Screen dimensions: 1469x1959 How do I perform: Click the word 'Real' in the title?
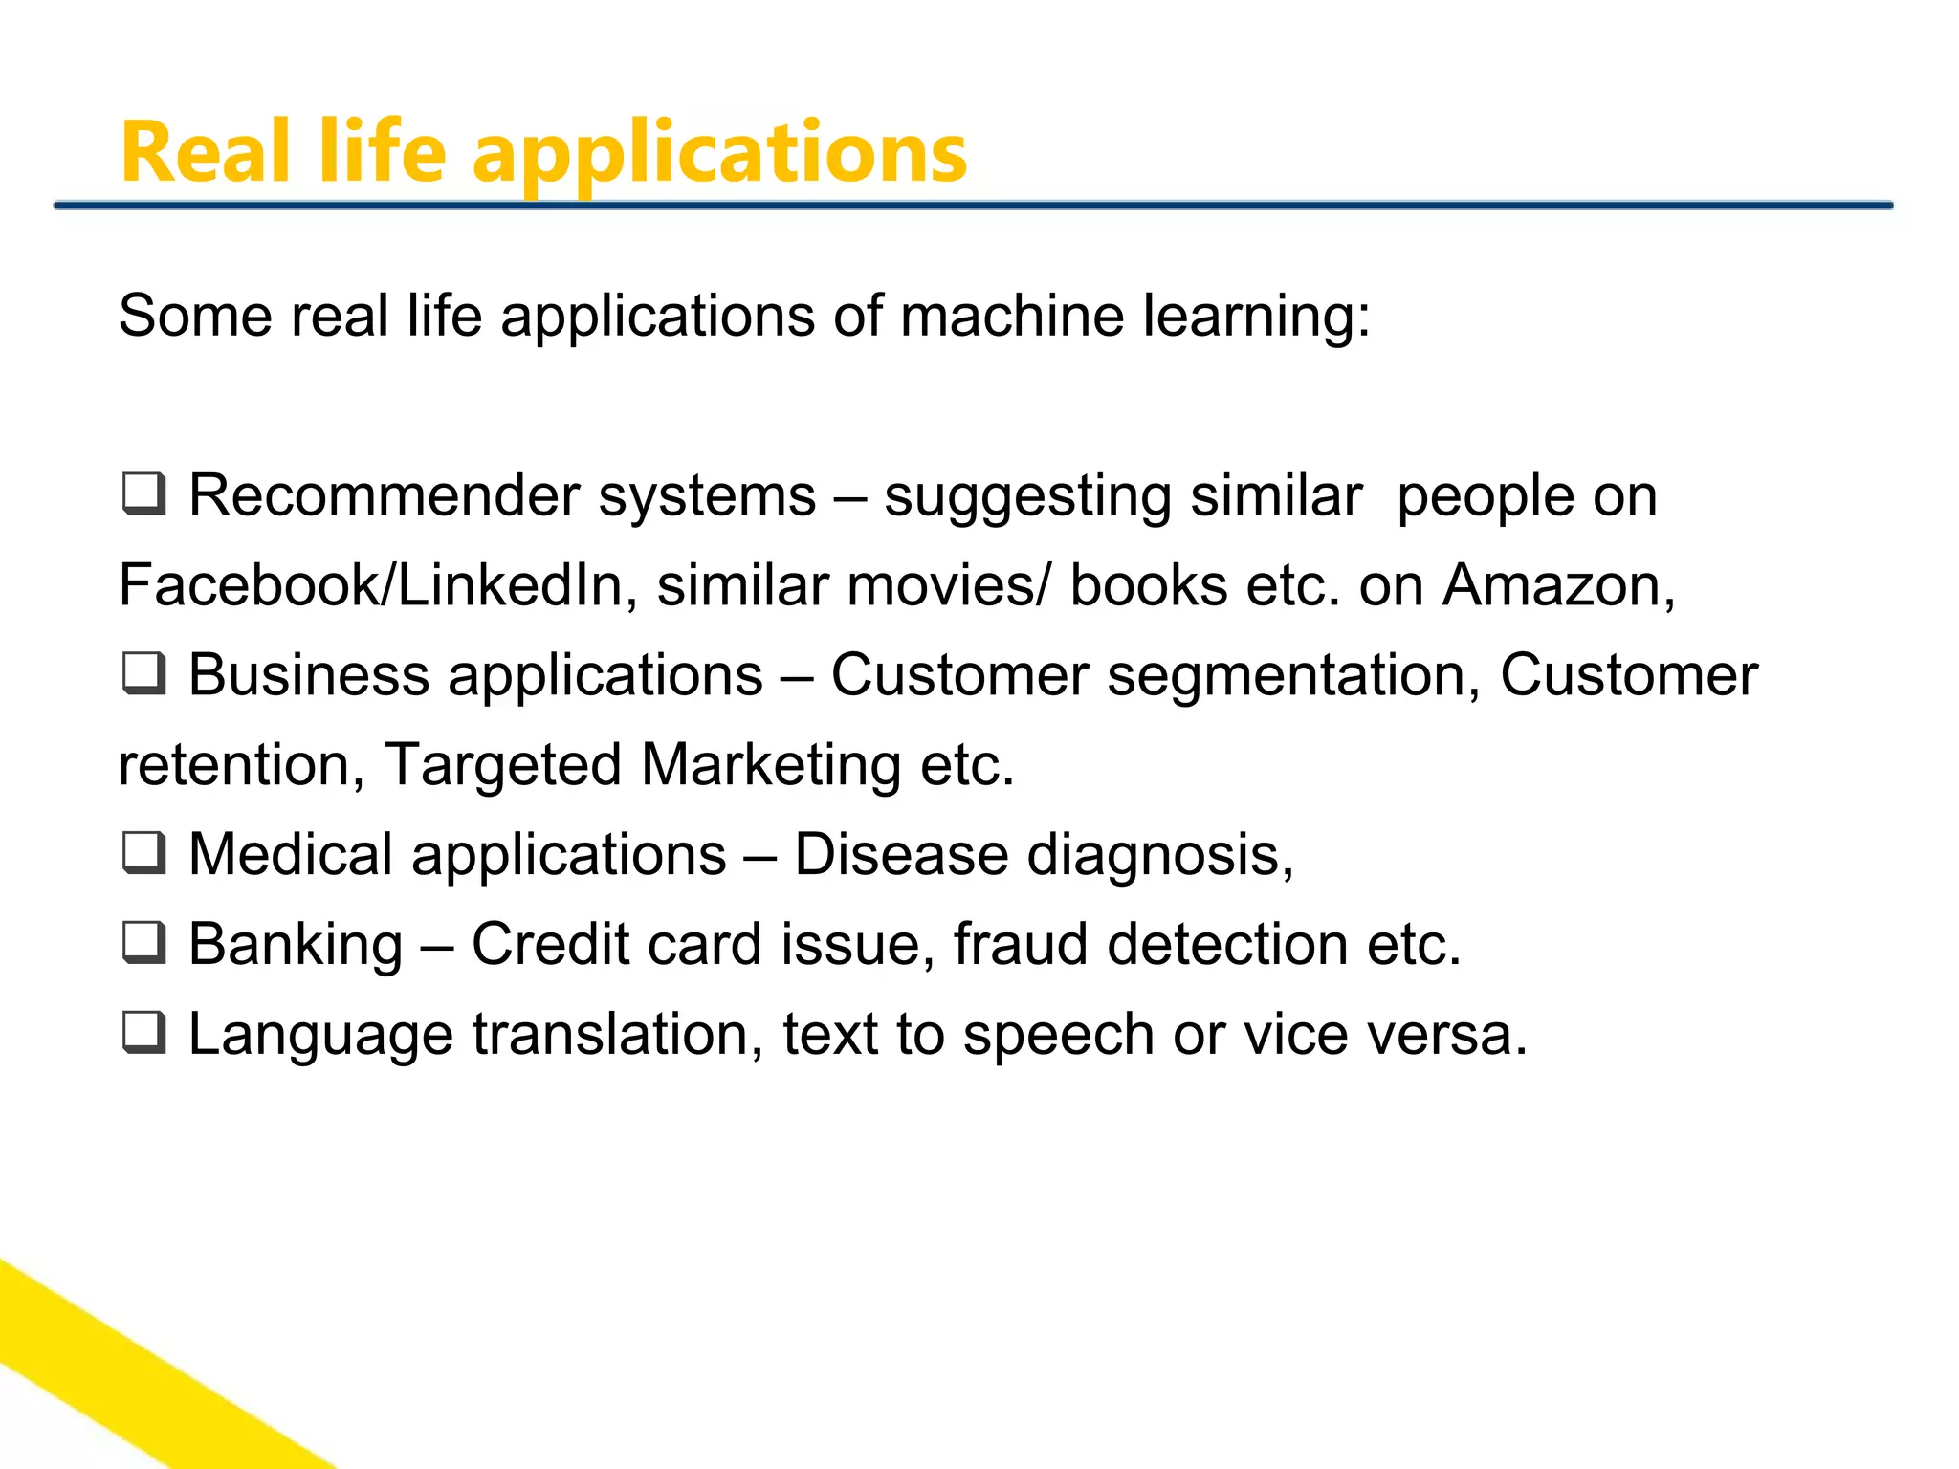[x=205, y=153]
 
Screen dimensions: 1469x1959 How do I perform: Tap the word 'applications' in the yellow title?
[x=719, y=155]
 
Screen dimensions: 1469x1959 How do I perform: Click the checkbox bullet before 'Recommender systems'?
[x=144, y=493]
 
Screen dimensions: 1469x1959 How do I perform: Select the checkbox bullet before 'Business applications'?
[x=144, y=673]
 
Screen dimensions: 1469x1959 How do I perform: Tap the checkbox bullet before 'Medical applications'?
[x=144, y=852]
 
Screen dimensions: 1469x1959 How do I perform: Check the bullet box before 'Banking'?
[x=144, y=942]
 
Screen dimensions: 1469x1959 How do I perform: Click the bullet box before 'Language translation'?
[x=144, y=1033]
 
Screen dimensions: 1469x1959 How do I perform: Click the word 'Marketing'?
[x=771, y=765]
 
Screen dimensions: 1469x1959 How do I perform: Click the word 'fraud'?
[x=1020, y=944]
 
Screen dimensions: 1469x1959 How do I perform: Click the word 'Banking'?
[x=296, y=944]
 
